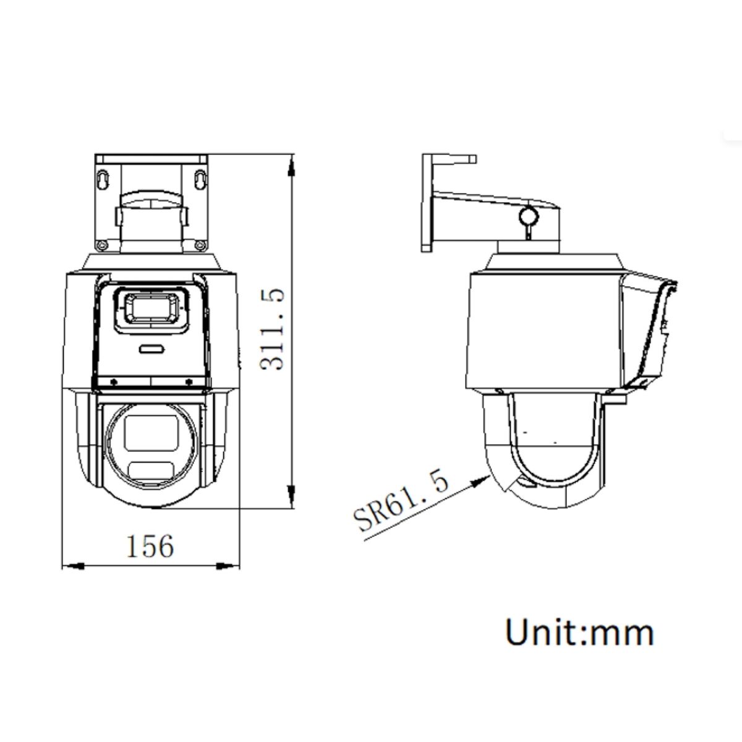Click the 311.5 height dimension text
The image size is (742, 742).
click(271, 328)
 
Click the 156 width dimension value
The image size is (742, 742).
click(150, 546)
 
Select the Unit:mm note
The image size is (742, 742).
click(579, 633)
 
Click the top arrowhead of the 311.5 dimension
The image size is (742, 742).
click(292, 162)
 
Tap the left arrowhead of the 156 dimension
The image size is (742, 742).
click(69, 565)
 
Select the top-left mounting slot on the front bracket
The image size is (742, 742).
click(103, 178)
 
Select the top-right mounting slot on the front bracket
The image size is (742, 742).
click(200, 178)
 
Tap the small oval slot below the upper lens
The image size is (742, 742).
click(151, 349)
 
